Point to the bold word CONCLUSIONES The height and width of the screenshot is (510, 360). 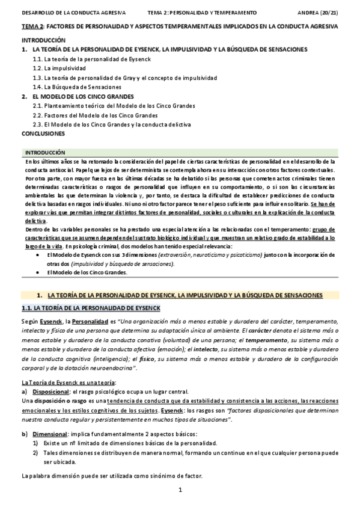[43, 133]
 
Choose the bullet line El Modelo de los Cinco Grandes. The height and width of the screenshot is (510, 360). [87, 272]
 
